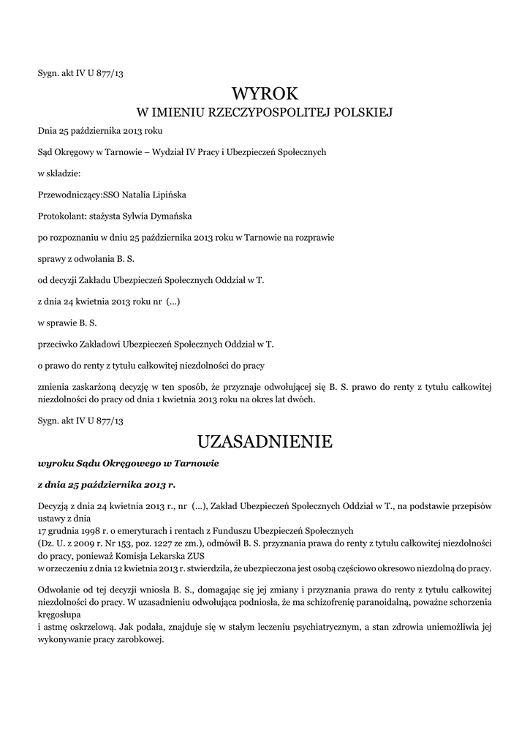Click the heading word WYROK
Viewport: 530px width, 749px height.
click(x=265, y=94)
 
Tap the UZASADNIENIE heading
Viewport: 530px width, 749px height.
click(x=265, y=442)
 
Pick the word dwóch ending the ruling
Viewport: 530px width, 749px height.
click(x=302, y=399)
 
